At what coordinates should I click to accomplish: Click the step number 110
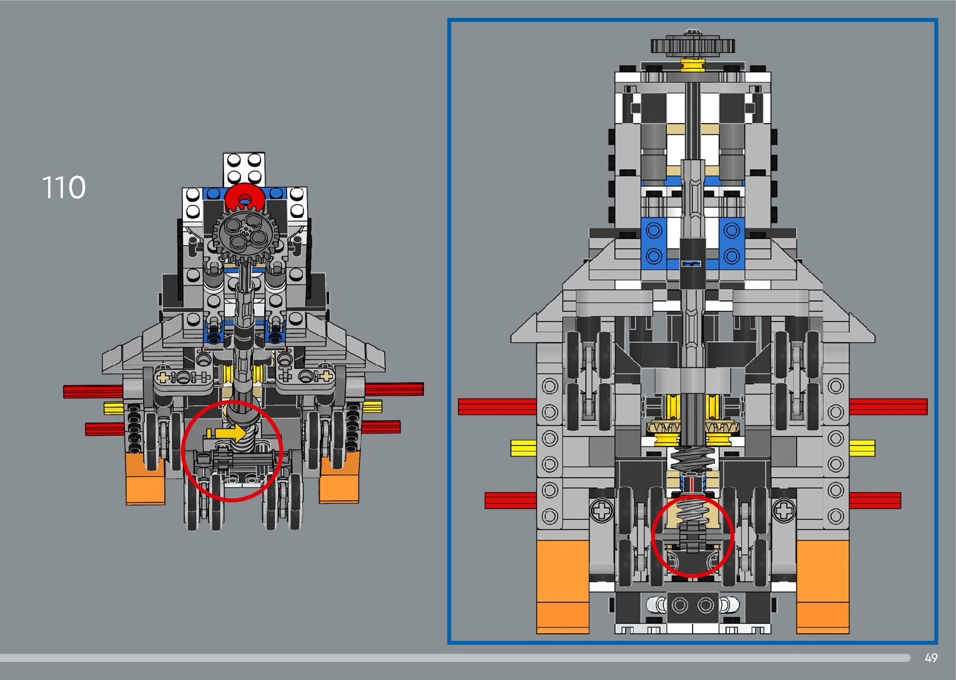click(63, 187)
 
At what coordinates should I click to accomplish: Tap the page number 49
click(931, 658)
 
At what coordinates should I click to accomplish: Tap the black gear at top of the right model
click(692, 45)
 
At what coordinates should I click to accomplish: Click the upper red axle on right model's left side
click(497, 407)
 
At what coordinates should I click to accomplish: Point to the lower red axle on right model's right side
click(875, 500)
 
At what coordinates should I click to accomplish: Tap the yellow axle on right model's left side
click(523, 447)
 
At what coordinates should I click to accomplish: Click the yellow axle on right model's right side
click(862, 447)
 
